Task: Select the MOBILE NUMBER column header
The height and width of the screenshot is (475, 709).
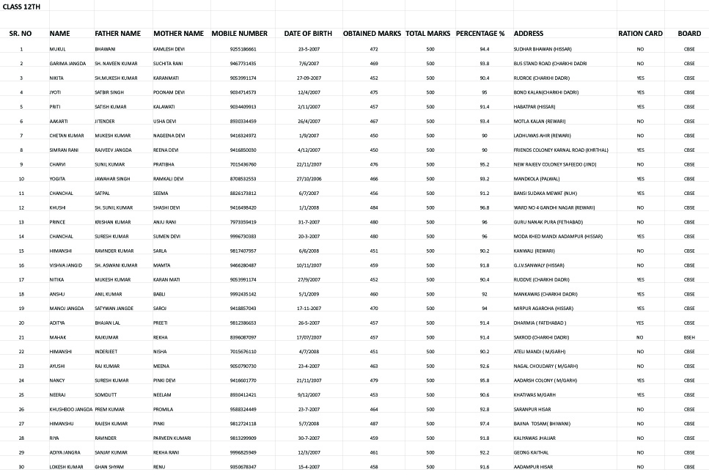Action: [x=239, y=34]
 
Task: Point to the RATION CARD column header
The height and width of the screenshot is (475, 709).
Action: [x=640, y=34]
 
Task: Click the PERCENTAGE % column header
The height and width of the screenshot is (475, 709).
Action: [x=480, y=34]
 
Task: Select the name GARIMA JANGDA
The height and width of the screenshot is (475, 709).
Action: [x=67, y=64]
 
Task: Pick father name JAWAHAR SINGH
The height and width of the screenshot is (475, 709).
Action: [x=112, y=179]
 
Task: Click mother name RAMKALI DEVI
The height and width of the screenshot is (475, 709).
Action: [x=168, y=179]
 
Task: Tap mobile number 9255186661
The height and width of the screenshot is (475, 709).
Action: [x=243, y=49]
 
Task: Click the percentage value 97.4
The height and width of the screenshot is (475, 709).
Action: [x=484, y=424]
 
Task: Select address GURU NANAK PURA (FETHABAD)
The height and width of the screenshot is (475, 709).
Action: [x=548, y=222]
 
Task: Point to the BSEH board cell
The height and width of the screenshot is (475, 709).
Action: [x=688, y=337]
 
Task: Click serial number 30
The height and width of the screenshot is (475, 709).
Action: [x=21, y=467]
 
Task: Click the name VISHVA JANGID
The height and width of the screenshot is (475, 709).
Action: [x=67, y=265]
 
